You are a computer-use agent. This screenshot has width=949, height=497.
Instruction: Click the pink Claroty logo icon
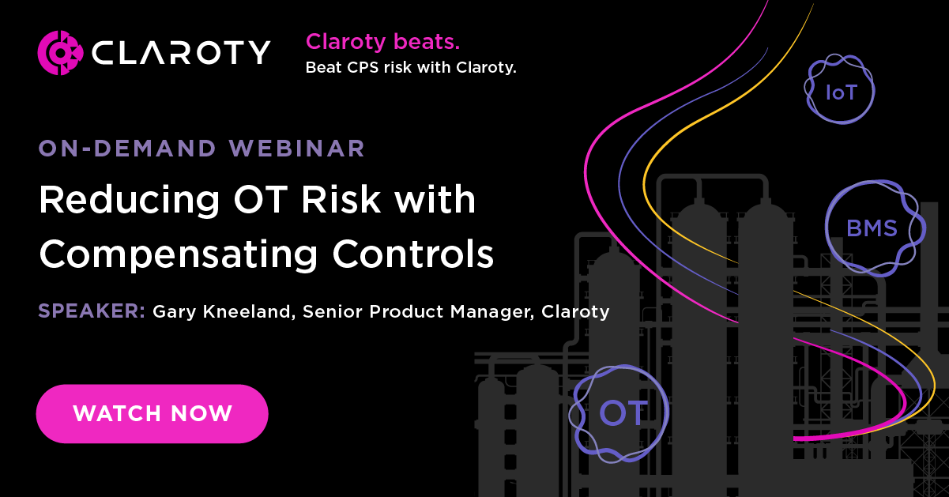pyautogui.click(x=60, y=53)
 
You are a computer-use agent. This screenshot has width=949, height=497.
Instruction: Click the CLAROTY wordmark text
pyautogui.click(x=181, y=53)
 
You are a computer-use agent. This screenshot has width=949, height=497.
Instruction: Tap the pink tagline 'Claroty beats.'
pyautogui.click(x=382, y=42)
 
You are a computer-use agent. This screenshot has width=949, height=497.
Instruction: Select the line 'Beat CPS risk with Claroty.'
pyautogui.click(x=411, y=68)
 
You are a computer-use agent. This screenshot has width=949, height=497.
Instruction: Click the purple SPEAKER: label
pyautogui.click(x=91, y=311)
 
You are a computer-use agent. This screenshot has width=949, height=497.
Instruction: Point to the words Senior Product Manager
pyautogui.click(x=405, y=312)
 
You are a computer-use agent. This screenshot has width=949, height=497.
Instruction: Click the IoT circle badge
pyautogui.click(x=841, y=92)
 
